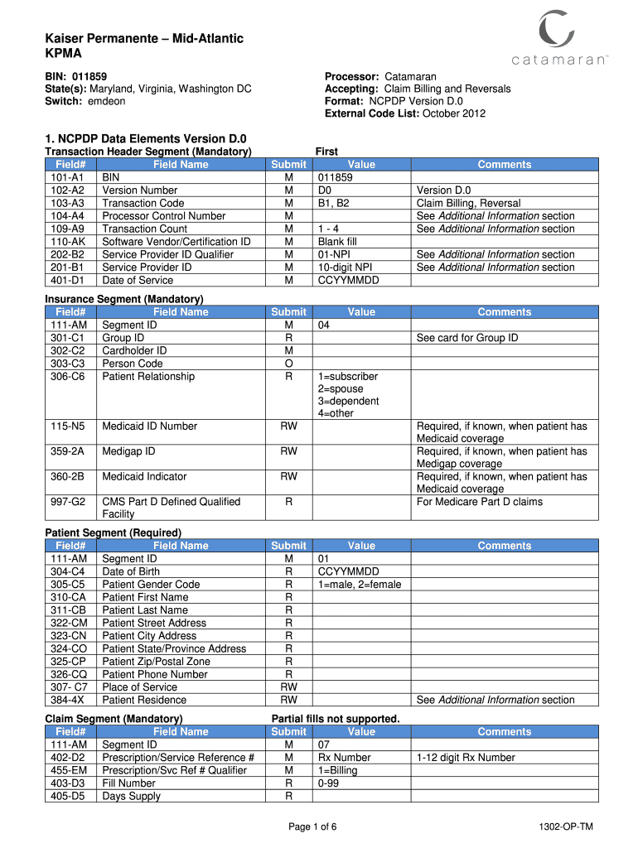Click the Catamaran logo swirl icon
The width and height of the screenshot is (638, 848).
point(556,31)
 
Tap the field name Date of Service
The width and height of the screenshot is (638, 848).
point(138,280)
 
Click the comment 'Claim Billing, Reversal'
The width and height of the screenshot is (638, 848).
point(468,203)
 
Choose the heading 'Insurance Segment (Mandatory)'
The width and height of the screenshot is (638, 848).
point(124,299)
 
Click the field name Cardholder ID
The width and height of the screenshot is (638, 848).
point(134,350)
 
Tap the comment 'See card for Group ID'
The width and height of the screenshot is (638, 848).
point(467,338)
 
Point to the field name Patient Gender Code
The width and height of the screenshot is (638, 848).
point(151,584)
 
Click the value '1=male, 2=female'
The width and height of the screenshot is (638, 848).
point(359,584)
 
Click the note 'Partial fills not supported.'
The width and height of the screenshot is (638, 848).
point(336,718)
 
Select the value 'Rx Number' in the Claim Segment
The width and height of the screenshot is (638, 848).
point(344,757)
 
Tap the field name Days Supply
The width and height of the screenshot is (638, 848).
point(131,796)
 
